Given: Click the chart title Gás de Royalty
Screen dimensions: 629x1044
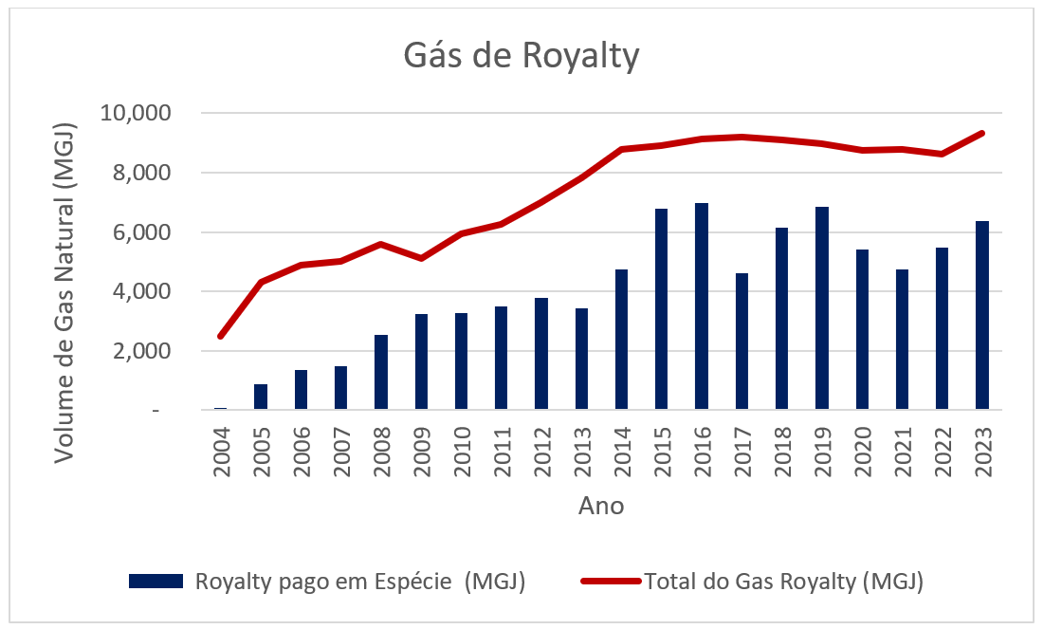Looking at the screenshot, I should coord(522,56).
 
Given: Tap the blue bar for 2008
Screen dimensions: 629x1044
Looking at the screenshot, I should coord(380,372).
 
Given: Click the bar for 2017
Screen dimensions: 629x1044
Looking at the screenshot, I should coord(741,342).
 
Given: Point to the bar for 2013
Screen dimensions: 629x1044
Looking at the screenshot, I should coord(580,359).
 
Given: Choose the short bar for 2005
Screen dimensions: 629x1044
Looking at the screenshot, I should coord(260,397).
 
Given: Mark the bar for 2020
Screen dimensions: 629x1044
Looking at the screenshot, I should coord(861,329).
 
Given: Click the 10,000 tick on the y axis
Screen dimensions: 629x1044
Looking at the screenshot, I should coord(135,114).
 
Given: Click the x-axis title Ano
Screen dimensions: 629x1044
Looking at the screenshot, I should coord(600,506).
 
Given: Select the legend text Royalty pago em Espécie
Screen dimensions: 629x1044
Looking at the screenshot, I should coord(360,581).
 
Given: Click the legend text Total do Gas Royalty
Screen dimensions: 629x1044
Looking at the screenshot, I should coord(784,581).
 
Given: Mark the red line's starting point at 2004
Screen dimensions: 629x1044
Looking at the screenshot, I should coord(221,336).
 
